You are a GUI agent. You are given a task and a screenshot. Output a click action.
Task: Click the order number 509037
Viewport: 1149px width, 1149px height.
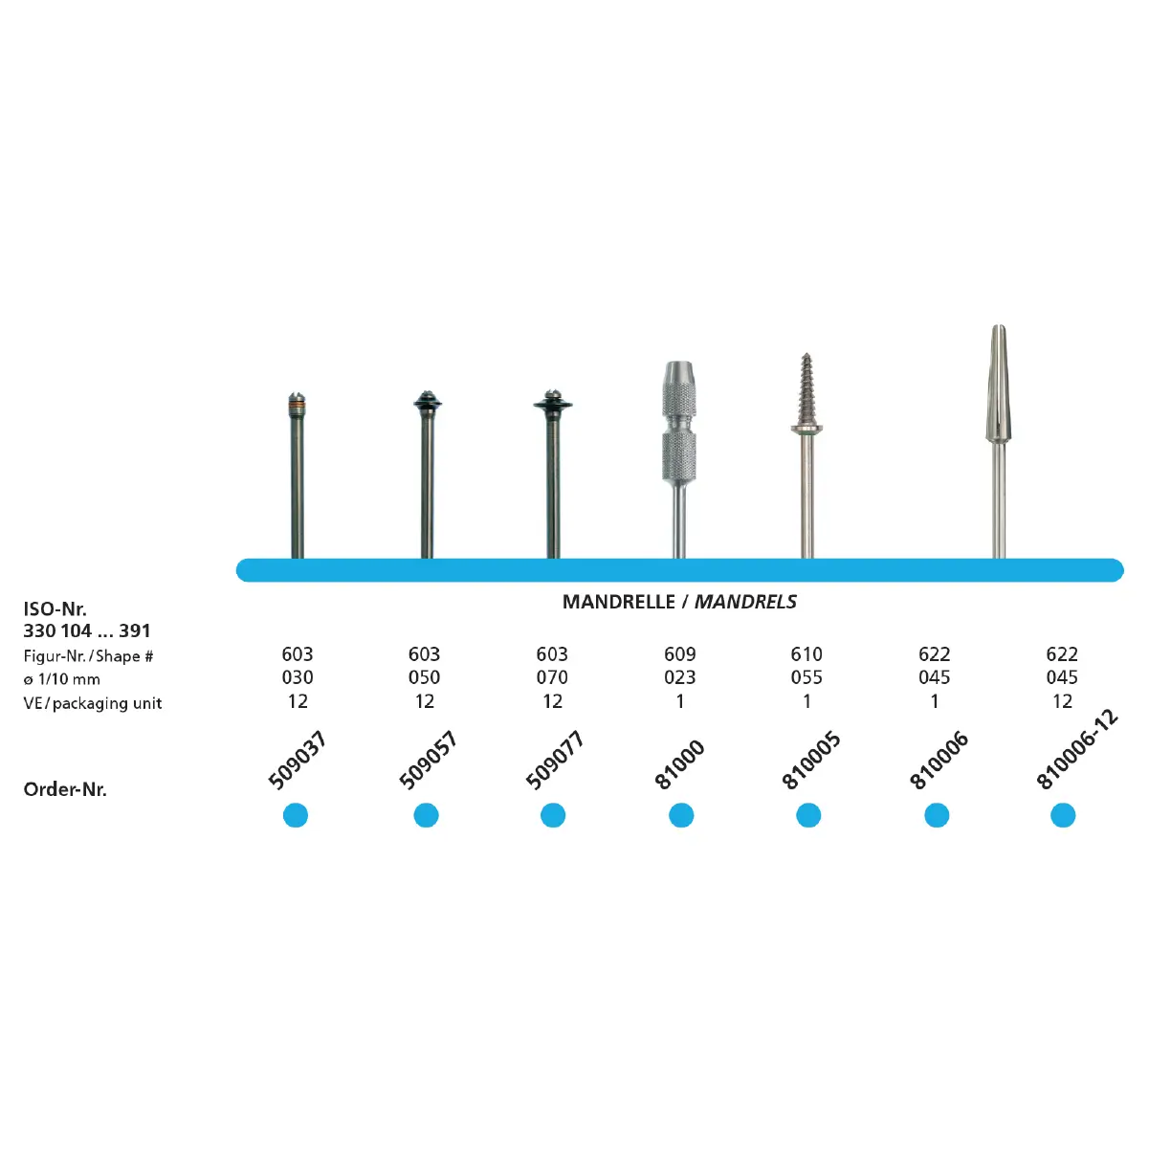click(x=297, y=761)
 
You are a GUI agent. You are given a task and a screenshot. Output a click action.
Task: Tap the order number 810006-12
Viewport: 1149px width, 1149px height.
click(x=1077, y=749)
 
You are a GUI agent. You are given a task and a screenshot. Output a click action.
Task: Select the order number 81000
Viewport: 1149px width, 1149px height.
click(x=680, y=765)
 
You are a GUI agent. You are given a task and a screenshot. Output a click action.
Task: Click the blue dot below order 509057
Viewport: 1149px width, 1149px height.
click(x=426, y=815)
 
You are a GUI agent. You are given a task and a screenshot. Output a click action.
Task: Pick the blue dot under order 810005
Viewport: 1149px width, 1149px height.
click(x=808, y=815)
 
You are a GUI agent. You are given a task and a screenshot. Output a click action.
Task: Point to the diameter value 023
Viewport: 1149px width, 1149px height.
click(x=680, y=677)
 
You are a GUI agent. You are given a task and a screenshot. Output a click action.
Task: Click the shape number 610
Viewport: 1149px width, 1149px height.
click(x=807, y=654)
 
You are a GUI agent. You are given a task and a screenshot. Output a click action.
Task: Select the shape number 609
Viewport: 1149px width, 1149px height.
click(x=680, y=654)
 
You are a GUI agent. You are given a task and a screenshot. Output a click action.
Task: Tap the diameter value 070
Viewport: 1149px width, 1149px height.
click(x=552, y=677)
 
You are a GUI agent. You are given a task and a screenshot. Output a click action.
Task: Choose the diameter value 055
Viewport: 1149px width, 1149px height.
click(x=807, y=677)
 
